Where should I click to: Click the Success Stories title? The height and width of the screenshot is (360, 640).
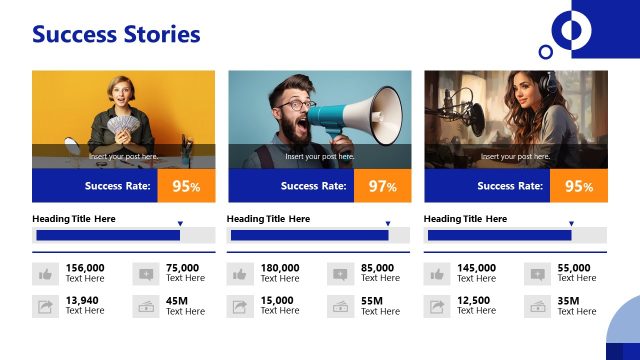point(116,35)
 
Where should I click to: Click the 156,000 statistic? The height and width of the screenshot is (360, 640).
point(85,268)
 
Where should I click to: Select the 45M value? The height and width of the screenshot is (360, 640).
point(177,301)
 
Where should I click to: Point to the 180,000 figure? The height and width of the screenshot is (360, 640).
point(280,268)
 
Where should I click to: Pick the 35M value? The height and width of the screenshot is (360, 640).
point(569,301)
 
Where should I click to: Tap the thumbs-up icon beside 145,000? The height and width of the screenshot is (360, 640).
point(437,274)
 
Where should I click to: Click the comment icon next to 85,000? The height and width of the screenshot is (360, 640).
point(341,274)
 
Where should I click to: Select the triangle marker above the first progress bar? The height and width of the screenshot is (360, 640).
point(180,224)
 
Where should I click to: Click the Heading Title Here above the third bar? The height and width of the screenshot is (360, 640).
point(465,218)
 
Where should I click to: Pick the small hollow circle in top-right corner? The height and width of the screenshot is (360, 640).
point(545,51)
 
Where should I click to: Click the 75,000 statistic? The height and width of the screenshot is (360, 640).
point(182,268)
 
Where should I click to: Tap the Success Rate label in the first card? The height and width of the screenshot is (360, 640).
point(117,186)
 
